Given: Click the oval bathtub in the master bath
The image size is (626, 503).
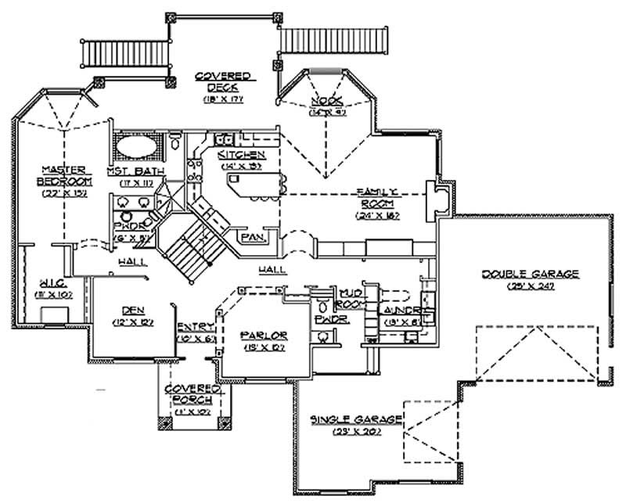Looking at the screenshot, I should point(137,146).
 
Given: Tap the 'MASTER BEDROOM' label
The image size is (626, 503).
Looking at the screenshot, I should point(64,174).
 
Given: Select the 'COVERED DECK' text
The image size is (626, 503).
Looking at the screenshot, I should point(223,81).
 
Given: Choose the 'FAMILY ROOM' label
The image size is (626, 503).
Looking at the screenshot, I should point(378,197).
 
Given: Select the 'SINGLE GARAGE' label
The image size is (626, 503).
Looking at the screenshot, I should point(356,420).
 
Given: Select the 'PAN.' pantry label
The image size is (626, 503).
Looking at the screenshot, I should point(251,236).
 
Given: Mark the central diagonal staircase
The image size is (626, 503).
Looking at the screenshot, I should point(192,239).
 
